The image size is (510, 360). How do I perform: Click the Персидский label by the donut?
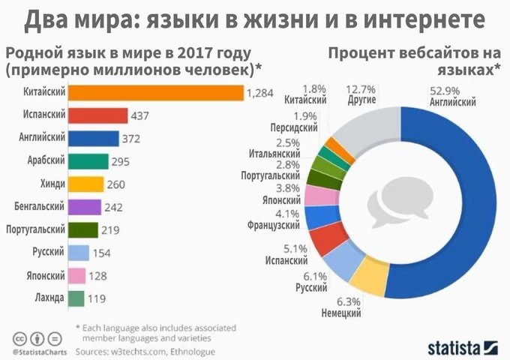tap(295, 128)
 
